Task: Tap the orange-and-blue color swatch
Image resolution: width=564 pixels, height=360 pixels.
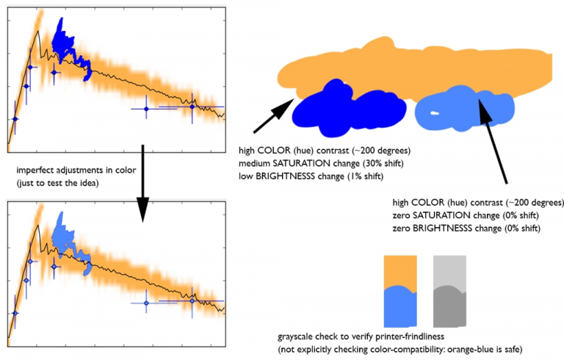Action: [400, 290]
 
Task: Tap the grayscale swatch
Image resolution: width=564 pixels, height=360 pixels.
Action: [449, 290]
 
